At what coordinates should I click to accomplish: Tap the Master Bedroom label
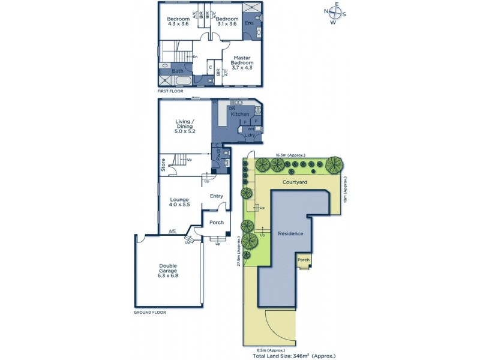pyautogui.click(x=243, y=62)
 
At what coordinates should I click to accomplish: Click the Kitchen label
pyautogui.click(x=240, y=113)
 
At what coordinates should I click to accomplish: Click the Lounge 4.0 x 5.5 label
pyautogui.click(x=180, y=202)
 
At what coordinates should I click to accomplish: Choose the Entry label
pyautogui.click(x=217, y=196)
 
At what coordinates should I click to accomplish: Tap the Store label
pyautogui.click(x=163, y=164)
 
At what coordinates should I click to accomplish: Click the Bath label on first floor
pyautogui.click(x=178, y=71)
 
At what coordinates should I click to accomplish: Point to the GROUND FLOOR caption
pyautogui.click(x=150, y=313)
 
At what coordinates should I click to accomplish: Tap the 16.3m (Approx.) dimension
pyautogui.click(x=290, y=155)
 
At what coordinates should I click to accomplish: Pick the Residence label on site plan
pyautogui.click(x=290, y=233)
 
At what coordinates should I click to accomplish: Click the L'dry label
pyautogui.click(x=251, y=136)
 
